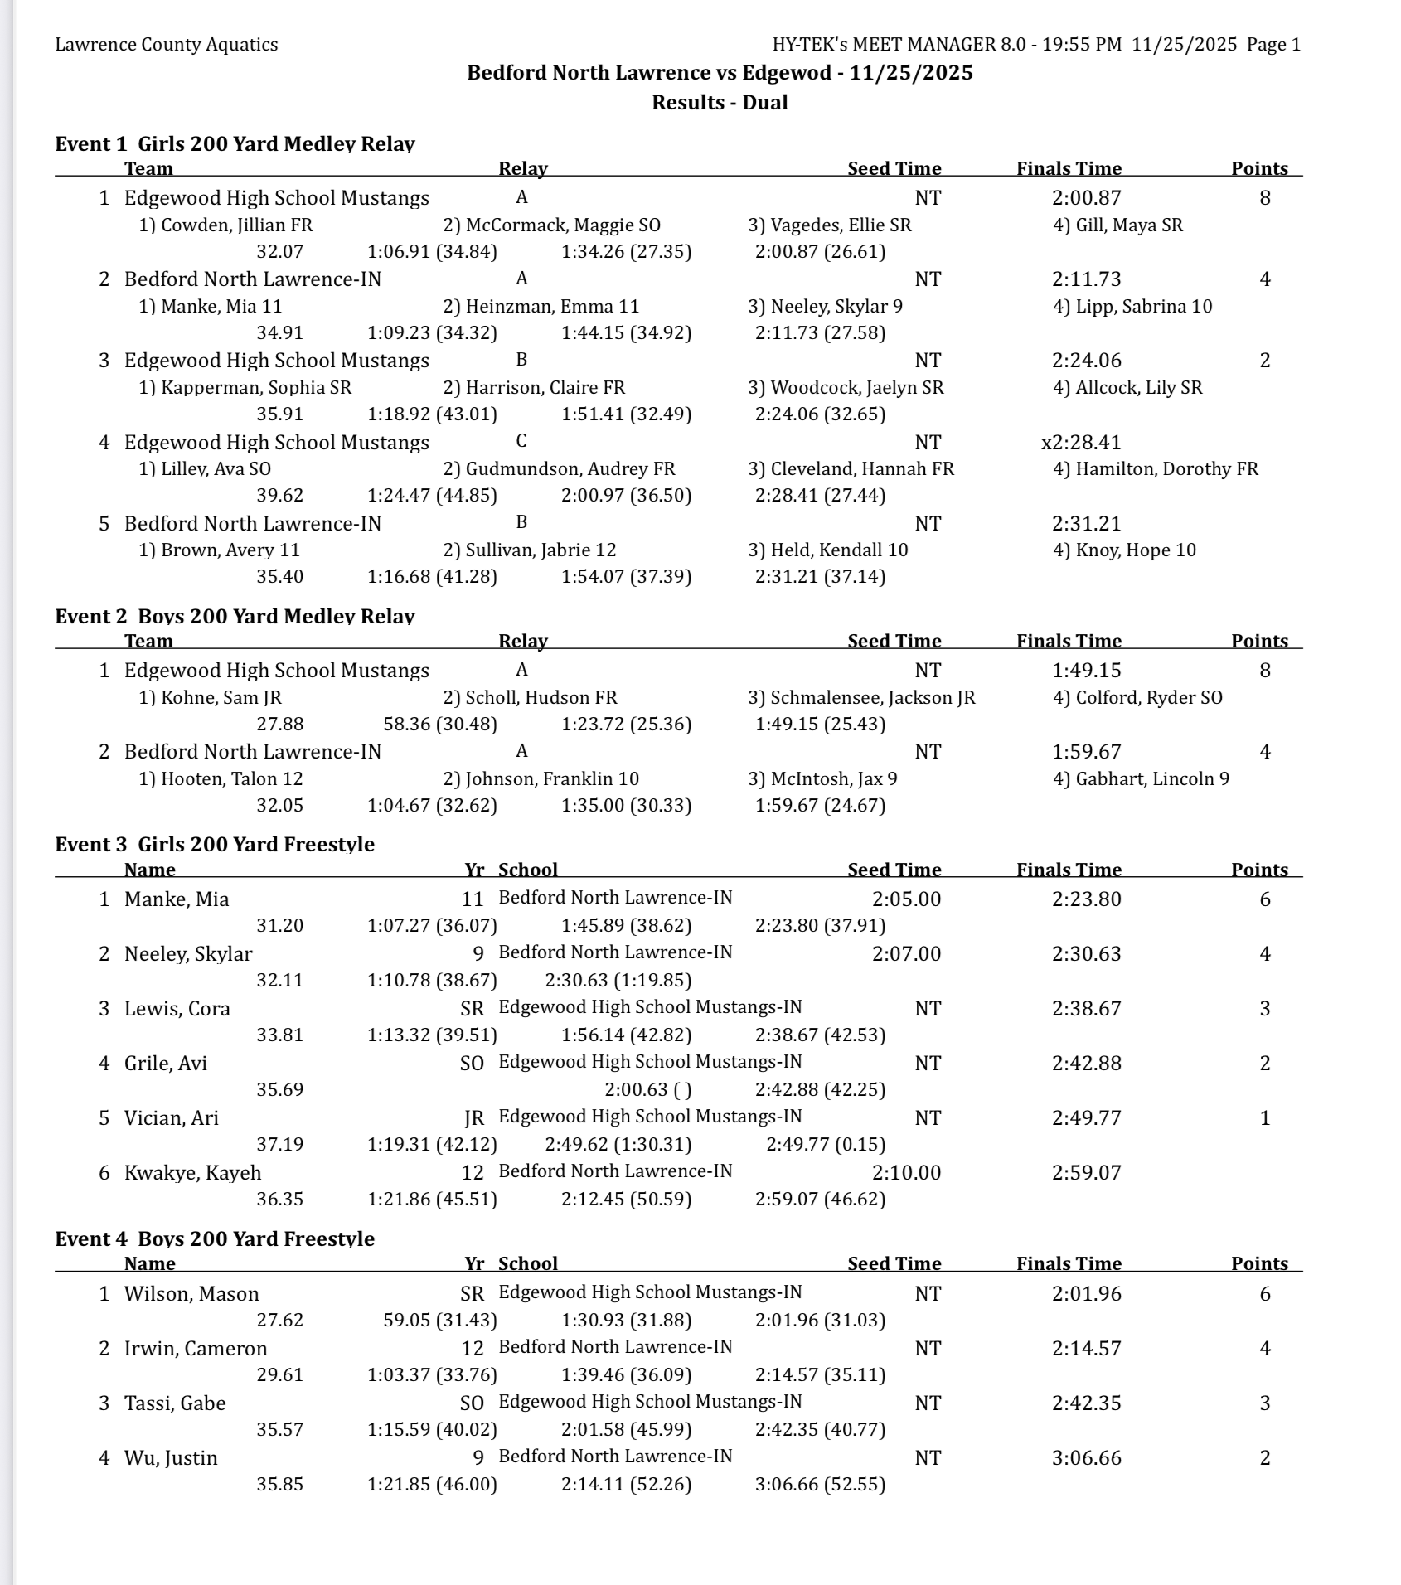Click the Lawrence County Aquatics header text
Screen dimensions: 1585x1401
(167, 45)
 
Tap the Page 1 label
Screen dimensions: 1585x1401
(1273, 45)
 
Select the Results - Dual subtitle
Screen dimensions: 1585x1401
(720, 103)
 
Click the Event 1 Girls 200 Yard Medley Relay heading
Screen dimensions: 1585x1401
(235, 144)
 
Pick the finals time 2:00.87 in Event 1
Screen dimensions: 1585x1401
(1086, 198)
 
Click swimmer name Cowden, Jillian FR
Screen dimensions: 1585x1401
(225, 225)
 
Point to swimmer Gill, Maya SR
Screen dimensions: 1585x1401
(1117, 225)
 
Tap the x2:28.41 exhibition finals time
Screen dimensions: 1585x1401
(1081, 443)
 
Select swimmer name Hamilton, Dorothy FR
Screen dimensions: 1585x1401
(1156, 469)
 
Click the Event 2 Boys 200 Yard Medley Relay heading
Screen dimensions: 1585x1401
(235, 617)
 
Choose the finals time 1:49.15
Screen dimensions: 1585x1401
(1086, 671)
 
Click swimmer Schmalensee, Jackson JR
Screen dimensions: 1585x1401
(861, 698)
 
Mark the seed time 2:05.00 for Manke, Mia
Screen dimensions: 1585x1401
(906, 899)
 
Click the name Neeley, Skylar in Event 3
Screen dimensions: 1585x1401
(188, 954)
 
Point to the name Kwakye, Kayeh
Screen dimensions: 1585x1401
(192, 1173)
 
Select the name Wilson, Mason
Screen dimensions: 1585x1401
(191, 1294)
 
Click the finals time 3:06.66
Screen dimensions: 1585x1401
(1086, 1458)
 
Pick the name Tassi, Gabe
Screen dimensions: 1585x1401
(175, 1403)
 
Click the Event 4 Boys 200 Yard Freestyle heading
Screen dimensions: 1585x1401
(215, 1239)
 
